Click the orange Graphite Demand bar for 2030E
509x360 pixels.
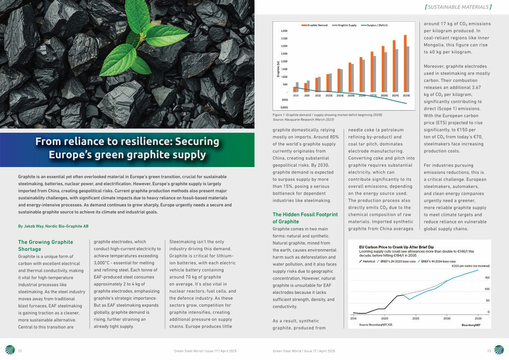(x=405, y=64)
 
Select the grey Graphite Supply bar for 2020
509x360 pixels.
(x=297, y=87)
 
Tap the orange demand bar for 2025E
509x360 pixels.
(x=350, y=78)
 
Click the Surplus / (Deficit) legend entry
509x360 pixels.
(x=374, y=25)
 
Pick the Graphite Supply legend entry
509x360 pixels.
(x=344, y=25)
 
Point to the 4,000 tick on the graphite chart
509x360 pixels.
(x=284, y=31)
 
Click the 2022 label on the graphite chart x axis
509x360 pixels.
(x=318, y=96)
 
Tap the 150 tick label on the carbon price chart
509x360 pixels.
(x=487, y=278)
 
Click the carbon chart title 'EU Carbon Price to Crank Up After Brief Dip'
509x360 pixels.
(x=396, y=247)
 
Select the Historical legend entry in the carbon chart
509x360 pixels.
(x=367, y=262)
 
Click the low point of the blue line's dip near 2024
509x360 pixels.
(x=409, y=300)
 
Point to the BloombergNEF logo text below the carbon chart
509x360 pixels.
(x=471, y=325)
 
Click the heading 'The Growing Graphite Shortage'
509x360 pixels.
(x=46, y=246)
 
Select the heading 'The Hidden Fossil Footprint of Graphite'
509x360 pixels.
(x=305, y=218)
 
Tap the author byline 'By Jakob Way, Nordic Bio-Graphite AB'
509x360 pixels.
(x=53, y=226)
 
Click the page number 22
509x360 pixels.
(x=20, y=351)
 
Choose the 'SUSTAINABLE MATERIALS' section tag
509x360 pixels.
(x=458, y=7)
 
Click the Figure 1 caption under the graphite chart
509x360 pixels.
(x=327, y=115)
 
